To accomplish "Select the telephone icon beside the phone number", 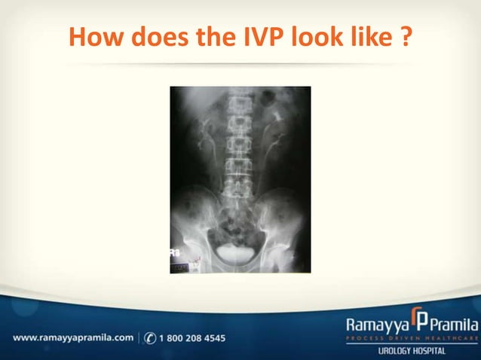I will pos(150,338).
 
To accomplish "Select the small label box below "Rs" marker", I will pos(179,266).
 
